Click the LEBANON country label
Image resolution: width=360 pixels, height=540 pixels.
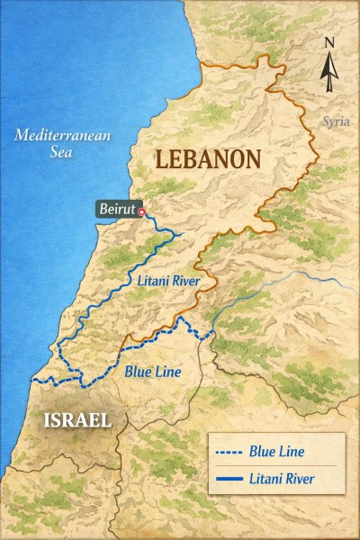[208, 159]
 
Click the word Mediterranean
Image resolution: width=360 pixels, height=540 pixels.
[62, 136]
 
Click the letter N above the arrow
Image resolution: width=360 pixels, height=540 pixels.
[329, 41]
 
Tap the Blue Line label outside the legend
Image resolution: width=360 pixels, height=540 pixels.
[153, 370]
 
